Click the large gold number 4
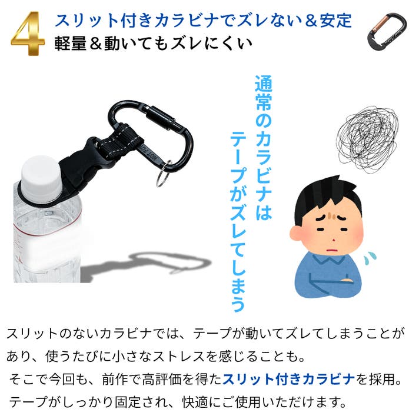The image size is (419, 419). tap(28, 34)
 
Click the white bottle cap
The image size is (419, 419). tap(41, 177)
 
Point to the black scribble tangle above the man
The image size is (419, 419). tap(367, 139)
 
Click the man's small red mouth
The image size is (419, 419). tap(331, 250)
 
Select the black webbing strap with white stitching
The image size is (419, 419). tap(120, 142)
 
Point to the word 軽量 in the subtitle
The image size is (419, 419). tap(71, 44)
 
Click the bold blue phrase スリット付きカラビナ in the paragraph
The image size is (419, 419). tap(288, 379)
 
